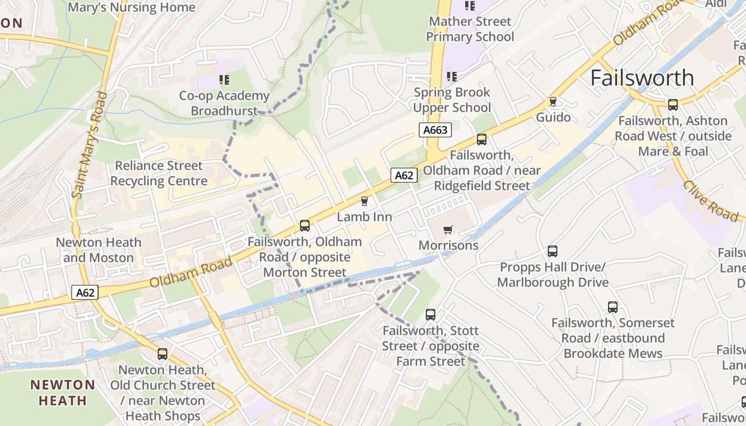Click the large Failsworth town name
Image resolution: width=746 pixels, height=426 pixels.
coord(642,78)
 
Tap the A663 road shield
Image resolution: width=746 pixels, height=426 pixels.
coord(435,130)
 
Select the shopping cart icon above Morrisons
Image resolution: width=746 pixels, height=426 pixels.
coord(448,230)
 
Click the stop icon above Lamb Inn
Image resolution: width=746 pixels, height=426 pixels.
coord(364,201)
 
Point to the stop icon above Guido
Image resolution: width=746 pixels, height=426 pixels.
coord(553,101)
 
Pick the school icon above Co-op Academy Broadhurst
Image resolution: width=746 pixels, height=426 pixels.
coord(224,80)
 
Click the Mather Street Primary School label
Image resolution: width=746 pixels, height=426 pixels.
coord(470,29)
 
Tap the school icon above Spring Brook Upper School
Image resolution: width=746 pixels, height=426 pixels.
coord(452,76)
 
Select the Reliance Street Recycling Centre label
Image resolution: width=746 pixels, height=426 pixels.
coord(159,173)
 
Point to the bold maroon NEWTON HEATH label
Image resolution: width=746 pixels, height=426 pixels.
coord(62,392)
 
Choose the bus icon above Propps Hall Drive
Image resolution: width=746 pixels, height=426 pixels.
coord(553,251)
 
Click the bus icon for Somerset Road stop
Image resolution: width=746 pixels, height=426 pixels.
coord(613,307)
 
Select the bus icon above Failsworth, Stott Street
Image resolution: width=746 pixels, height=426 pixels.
coord(431,315)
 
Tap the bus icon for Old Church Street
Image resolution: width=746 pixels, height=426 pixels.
coord(163,354)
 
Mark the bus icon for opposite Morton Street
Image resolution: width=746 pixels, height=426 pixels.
coord(305,226)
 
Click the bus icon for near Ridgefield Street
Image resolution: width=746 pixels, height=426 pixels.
coord(482,140)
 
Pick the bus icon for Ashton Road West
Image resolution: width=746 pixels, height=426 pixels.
coord(673,105)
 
